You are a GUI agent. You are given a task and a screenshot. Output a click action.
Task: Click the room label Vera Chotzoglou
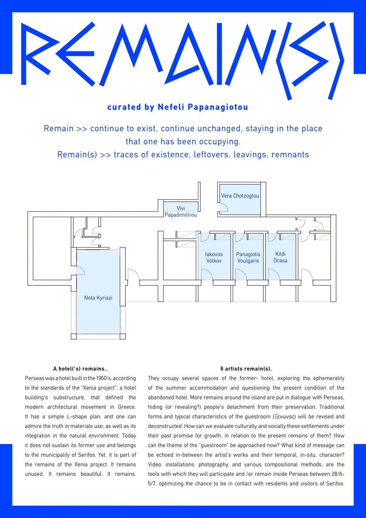[x=240, y=196]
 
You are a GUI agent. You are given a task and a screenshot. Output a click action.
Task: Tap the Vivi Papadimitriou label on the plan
[x=181, y=212]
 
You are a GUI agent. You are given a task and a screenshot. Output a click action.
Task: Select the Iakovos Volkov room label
[x=214, y=258]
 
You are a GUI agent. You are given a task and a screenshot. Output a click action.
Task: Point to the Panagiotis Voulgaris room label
[x=248, y=258]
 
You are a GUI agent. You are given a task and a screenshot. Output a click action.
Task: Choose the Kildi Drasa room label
[x=280, y=257]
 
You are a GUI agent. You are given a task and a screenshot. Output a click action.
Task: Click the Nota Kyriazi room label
[x=98, y=298]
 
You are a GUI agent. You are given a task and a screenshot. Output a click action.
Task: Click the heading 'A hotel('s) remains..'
[x=81, y=369]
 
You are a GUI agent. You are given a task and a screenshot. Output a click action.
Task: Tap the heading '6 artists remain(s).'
[x=246, y=369]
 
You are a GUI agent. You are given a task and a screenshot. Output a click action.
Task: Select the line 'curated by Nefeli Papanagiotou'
[x=178, y=107]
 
